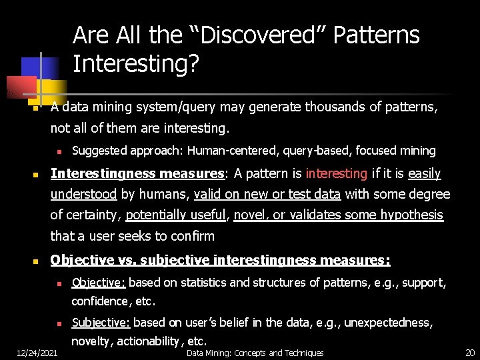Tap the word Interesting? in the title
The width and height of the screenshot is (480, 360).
tap(136, 64)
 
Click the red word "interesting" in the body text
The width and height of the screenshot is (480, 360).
tap(336, 174)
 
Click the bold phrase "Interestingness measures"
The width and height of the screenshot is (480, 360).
tap(137, 174)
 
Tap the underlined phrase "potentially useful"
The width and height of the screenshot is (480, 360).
tap(176, 215)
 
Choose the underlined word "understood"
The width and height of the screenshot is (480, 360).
tap(83, 195)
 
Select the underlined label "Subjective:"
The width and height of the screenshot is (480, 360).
tap(101, 323)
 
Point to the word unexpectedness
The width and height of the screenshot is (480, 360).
tap(390, 323)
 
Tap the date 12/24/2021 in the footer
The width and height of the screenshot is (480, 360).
tap(37, 353)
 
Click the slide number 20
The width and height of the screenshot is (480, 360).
tap(469, 353)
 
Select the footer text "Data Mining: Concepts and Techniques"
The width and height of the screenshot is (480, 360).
tap(255, 353)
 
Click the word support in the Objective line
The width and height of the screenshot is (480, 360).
tap(422, 283)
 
